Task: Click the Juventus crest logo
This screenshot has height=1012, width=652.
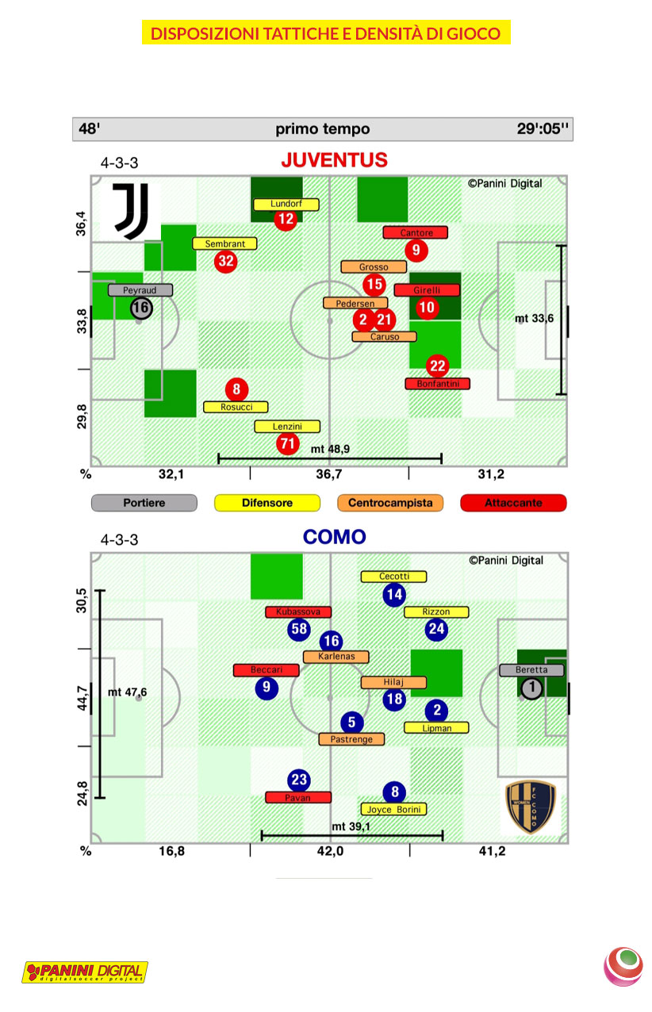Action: click(127, 211)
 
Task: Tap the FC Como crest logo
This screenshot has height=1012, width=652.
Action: click(531, 807)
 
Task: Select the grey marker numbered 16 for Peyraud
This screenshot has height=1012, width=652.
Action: click(141, 308)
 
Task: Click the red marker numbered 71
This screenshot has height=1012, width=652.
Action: click(287, 443)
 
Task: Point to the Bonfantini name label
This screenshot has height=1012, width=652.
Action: click(437, 384)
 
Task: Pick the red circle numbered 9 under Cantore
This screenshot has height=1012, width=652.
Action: click(416, 251)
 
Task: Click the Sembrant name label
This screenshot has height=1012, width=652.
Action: click(225, 243)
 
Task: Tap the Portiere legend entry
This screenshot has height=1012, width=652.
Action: click(144, 503)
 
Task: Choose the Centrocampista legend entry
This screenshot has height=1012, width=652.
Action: click(389, 503)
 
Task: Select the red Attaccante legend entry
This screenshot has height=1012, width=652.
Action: click(513, 503)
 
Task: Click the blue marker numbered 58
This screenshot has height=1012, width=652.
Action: click(298, 630)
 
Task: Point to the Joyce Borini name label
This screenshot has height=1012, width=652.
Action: click(393, 810)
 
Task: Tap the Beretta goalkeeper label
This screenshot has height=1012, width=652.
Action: click(531, 670)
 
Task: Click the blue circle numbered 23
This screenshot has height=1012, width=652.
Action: click(298, 779)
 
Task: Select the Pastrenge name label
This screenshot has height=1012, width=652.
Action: click(351, 739)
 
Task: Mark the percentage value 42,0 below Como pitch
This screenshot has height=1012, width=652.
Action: click(330, 852)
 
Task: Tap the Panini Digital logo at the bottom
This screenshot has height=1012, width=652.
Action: click(85, 972)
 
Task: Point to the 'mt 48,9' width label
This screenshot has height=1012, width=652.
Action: click(330, 449)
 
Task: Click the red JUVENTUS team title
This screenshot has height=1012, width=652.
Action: click(334, 160)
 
